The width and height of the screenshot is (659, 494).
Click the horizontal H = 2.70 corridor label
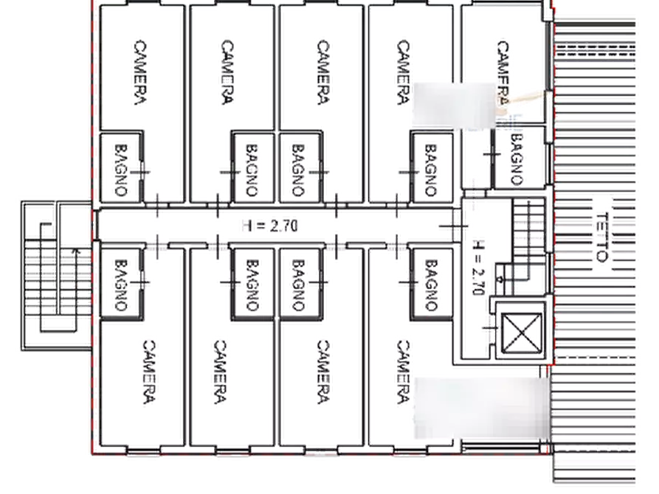tap(270, 226)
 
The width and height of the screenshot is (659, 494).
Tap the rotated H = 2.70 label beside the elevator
tap(479, 268)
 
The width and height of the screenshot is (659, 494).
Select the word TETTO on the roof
tap(602, 237)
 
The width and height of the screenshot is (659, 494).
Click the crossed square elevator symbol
tap(522, 333)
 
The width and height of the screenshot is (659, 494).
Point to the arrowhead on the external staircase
tap(75, 251)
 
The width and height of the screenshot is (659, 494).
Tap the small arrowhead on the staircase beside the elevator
tap(500, 279)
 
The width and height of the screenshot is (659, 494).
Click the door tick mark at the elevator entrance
tap(490, 327)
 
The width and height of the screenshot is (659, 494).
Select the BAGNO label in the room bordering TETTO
tap(517, 159)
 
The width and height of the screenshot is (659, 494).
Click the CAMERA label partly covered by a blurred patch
tap(503, 72)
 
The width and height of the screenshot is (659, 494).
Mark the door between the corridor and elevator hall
tap(454, 226)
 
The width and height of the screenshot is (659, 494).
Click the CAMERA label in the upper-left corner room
tap(141, 72)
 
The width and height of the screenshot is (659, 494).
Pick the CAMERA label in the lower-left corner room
tap(149, 372)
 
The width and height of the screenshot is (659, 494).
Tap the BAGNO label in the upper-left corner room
tap(121, 170)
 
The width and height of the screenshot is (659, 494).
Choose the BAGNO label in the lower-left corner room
tap(121, 285)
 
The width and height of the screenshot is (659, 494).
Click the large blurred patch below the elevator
tap(482, 408)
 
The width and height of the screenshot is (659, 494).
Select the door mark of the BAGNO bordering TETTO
tap(491, 154)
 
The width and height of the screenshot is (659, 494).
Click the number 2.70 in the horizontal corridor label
tap(283, 226)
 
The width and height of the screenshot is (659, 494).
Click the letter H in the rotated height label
tap(479, 246)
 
